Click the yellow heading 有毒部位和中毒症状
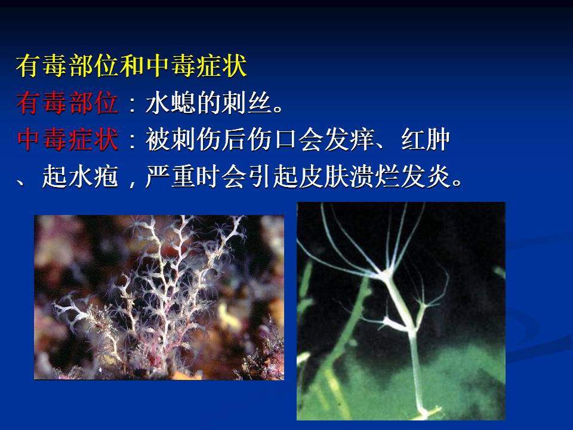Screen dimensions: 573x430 [x=131, y=66]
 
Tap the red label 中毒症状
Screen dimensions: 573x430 [x=67, y=139]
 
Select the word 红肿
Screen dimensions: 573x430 [x=426, y=139]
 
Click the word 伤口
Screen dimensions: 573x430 [x=273, y=139]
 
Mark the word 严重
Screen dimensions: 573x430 [x=170, y=176]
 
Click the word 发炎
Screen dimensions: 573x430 [x=426, y=176]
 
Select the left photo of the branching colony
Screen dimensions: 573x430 [x=159, y=297]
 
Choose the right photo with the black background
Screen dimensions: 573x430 [x=401, y=311]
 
